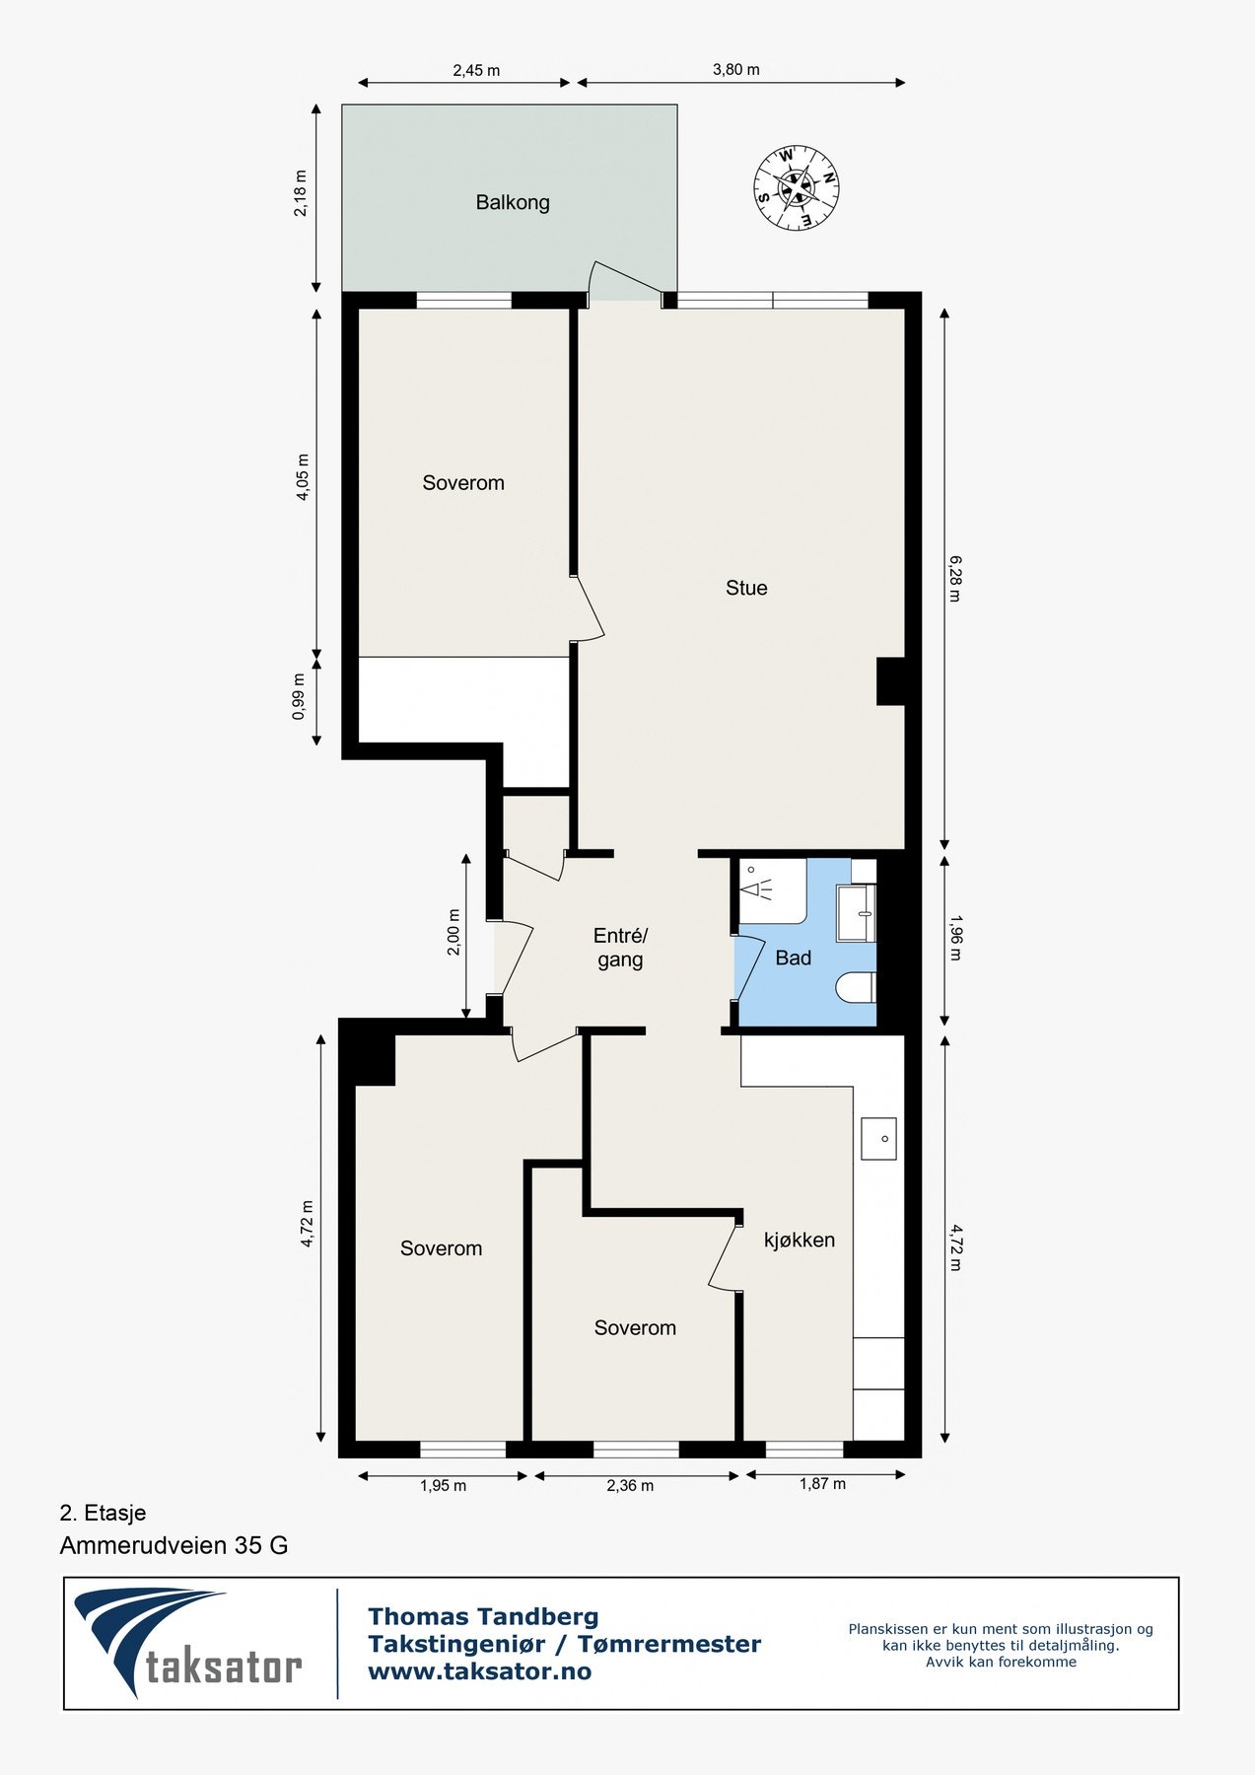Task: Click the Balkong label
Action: (x=513, y=202)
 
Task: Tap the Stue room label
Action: (x=746, y=588)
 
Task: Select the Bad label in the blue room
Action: (x=794, y=958)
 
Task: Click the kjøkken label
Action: (x=800, y=1241)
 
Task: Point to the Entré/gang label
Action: (x=620, y=948)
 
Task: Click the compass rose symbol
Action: (x=797, y=188)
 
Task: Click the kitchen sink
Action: (x=878, y=1138)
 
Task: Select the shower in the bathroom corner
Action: (x=773, y=890)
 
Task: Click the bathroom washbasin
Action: (x=856, y=913)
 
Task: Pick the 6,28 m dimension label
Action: (x=954, y=579)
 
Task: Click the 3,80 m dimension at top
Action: (x=736, y=70)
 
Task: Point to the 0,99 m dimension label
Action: (x=300, y=697)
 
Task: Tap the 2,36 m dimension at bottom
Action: (x=630, y=1485)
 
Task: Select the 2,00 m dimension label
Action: (x=454, y=932)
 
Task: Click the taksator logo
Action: (x=188, y=1643)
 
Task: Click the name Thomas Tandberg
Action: (x=483, y=1616)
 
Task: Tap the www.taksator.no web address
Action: (x=480, y=1671)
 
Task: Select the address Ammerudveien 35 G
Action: (x=174, y=1545)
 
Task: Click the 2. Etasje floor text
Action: (x=103, y=1513)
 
